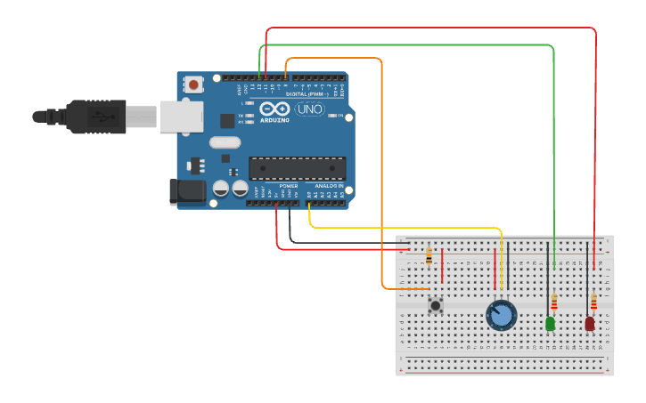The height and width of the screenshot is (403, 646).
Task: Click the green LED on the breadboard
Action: [x=550, y=323]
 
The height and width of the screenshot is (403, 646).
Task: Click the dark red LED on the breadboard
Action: [x=590, y=323]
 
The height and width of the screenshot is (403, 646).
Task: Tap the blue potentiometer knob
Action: [x=501, y=315]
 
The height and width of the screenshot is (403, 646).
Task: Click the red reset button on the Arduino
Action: [x=193, y=85]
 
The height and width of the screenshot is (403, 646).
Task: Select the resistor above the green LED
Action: [x=554, y=302]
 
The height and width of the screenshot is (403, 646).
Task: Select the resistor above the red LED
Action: [x=593, y=302]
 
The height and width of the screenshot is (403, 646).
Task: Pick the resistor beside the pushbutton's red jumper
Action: [x=429, y=256]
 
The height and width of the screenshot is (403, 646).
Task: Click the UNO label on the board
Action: [x=309, y=109]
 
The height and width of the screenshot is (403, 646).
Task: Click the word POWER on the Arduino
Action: [x=288, y=186]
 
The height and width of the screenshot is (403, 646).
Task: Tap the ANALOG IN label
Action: [x=329, y=186]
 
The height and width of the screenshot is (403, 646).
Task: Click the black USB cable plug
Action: [x=98, y=117]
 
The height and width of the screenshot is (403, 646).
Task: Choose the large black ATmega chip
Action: [x=297, y=167]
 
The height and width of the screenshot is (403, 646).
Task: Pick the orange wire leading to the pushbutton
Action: [x=381, y=178]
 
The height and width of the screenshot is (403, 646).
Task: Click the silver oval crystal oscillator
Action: [x=225, y=142]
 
